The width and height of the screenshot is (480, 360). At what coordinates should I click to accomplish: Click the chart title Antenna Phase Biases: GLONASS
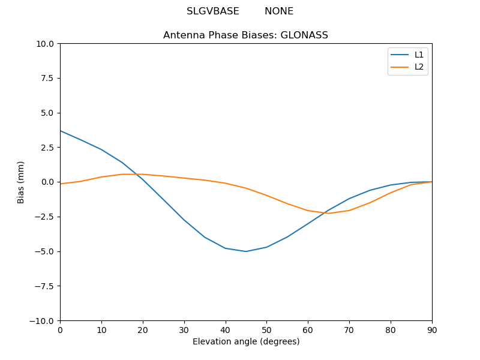(245, 35)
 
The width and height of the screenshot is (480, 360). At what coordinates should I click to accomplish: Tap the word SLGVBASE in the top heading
(213, 11)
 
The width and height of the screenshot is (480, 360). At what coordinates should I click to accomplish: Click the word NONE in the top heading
(279, 11)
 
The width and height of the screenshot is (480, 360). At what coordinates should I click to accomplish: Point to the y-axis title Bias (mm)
(21, 182)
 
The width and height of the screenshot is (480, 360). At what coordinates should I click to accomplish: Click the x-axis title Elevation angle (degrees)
(246, 342)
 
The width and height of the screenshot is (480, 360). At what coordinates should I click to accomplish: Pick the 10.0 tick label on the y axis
(45, 44)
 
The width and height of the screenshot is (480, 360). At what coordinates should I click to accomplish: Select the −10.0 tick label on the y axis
(43, 320)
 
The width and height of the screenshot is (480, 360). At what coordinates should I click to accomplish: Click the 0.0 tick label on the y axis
(47, 182)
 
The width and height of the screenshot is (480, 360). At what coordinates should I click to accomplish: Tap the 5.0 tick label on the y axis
(47, 113)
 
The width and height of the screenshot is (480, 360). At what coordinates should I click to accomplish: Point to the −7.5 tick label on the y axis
(45, 286)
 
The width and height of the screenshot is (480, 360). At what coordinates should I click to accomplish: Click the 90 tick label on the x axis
(432, 329)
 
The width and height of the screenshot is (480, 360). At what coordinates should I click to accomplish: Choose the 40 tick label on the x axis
(226, 329)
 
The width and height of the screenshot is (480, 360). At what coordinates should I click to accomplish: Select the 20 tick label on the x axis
(143, 329)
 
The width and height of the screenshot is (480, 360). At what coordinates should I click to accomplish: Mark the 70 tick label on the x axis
(349, 329)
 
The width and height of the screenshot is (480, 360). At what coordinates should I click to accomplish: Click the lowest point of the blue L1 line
(246, 251)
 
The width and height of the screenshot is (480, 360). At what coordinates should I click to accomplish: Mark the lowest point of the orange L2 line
(329, 214)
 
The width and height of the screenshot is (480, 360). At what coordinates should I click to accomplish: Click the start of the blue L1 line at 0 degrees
(61, 131)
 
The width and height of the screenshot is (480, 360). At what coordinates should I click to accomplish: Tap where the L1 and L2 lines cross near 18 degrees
(136, 174)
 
